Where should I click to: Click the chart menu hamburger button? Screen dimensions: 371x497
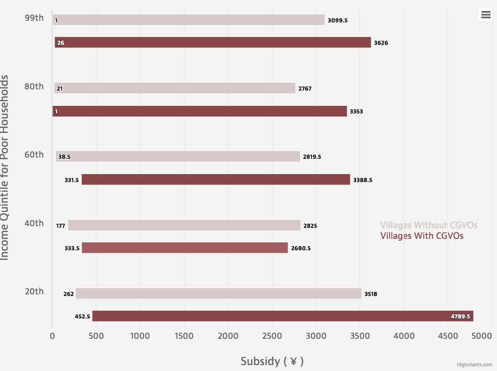pyautogui.click(x=486, y=14)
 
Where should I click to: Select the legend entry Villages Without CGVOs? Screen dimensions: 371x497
pyautogui.click(x=428, y=225)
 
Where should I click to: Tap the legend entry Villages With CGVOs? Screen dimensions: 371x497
pyautogui.click(x=422, y=236)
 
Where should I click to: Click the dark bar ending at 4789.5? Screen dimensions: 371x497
pyautogui.click(x=282, y=316)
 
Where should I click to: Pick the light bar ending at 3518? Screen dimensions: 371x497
pyautogui.click(x=218, y=293)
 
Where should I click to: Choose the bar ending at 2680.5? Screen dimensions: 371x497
pyautogui.click(x=185, y=248)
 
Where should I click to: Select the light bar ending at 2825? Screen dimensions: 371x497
pyautogui.click(x=184, y=225)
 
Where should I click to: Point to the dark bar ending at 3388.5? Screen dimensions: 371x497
pyautogui.click(x=216, y=180)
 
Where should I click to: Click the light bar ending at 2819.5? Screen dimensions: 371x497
pyautogui.click(x=178, y=157)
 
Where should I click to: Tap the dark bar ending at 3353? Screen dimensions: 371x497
pyautogui.click(x=199, y=111)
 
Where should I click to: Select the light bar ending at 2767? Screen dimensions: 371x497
pyautogui.click(x=174, y=88)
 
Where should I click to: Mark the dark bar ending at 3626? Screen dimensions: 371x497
pyautogui.click(x=213, y=42)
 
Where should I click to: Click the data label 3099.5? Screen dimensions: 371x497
pyautogui.click(x=337, y=20)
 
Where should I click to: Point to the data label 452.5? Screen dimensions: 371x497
pyautogui.click(x=83, y=316)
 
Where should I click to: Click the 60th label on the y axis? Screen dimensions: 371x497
pyautogui.click(x=34, y=155)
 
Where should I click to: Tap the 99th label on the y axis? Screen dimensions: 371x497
pyautogui.click(x=34, y=18)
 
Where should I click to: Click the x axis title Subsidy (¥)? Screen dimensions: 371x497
pyautogui.click(x=272, y=361)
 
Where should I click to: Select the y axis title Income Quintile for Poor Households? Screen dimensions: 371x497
pyautogui.click(x=5, y=168)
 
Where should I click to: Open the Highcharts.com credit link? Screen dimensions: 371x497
pyautogui.click(x=474, y=365)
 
